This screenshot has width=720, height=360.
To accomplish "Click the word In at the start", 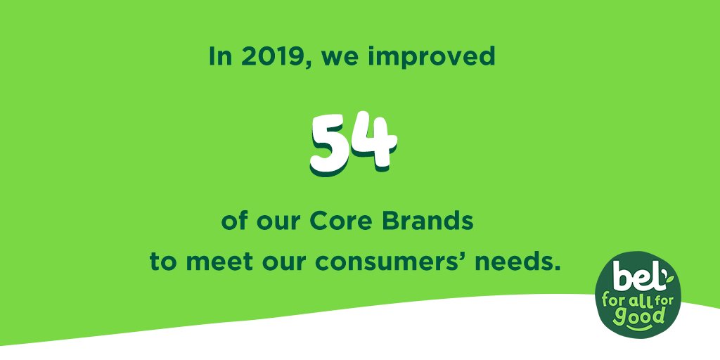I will (220, 57).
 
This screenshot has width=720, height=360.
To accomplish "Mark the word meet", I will (213, 262).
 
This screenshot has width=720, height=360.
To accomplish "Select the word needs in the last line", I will (521, 262).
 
